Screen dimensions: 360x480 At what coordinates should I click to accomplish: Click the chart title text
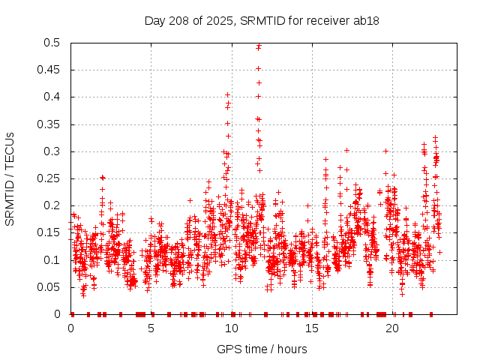[x=261, y=20]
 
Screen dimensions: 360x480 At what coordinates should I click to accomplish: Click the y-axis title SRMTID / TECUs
[x=10, y=178]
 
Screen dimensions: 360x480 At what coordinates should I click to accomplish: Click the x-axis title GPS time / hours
[x=262, y=349]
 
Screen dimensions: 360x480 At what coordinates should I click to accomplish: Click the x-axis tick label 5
[x=151, y=328]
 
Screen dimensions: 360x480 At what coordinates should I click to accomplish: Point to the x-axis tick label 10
[x=232, y=328]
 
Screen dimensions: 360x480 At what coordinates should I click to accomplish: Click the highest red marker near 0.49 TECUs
[x=259, y=46]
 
